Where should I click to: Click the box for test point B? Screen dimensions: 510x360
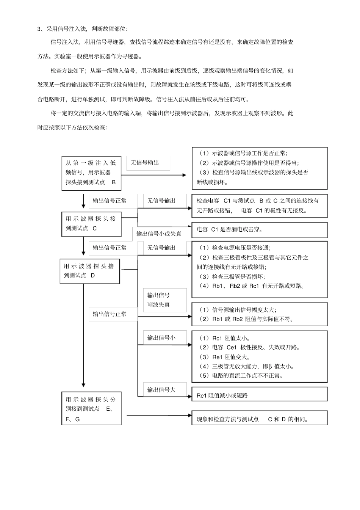(x=91, y=173)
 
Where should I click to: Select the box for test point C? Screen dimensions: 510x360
(x=91, y=224)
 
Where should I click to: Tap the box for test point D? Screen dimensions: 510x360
(x=89, y=271)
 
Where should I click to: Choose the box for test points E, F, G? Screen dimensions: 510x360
(x=91, y=409)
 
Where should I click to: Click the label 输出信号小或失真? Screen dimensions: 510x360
(x=159, y=234)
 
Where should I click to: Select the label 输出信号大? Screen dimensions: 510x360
(x=161, y=390)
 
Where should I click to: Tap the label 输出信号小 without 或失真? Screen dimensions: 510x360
(x=161, y=337)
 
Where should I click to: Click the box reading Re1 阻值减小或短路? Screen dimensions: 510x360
(x=260, y=395)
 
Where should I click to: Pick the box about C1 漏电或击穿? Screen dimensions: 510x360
(x=260, y=229)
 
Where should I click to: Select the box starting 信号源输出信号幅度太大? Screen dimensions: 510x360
(x=260, y=314)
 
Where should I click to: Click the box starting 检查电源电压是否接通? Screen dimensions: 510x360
(x=260, y=269)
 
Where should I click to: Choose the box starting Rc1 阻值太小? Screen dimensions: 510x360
(x=260, y=357)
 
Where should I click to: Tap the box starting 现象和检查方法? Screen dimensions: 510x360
(x=260, y=419)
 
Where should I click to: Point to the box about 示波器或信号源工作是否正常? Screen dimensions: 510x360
(x=260, y=168)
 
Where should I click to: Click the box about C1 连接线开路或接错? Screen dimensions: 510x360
(x=260, y=206)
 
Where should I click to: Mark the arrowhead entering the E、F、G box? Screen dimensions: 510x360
(x=83, y=386)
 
